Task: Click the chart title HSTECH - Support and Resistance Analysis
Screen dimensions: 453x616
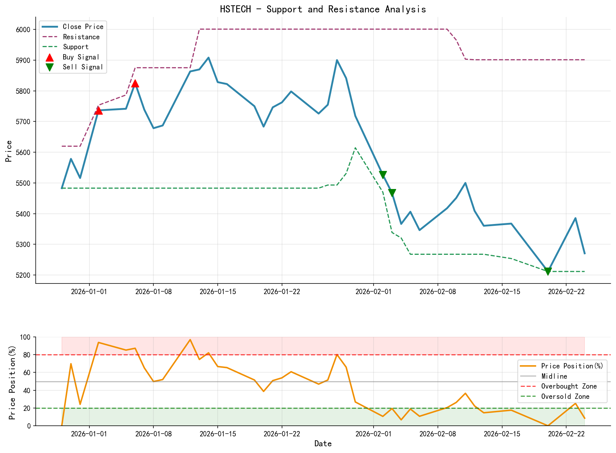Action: pyautogui.click(x=323, y=9)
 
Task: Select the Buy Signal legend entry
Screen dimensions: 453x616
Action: pyautogui.click(x=81, y=57)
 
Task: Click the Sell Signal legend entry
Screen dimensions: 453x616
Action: pyautogui.click(x=83, y=67)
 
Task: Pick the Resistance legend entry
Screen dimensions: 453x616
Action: pyautogui.click(x=81, y=37)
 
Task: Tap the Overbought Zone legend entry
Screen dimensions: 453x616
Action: pyautogui.click(x=569, y=386)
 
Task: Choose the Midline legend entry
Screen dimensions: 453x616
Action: pyautogui.click(x=554, y=376)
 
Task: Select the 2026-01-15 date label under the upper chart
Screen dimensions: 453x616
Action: pyautogui.click(x=217, y=291)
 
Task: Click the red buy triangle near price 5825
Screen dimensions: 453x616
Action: pyautogui.click(x=135, y=84)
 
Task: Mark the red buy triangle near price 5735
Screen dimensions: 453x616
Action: pyautogui.click(x=98, y=111)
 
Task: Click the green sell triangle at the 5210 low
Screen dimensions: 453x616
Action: pyautogui.click(x=548, y=271)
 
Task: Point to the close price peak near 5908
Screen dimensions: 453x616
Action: pyautogui.click(x=209, y=57)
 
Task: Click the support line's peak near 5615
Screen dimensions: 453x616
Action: pyautogui.click(x=355, y=148)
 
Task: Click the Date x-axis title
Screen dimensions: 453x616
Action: pyautogui.click(x=323, y=444)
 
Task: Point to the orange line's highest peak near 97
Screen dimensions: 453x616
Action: pyautogui.click(x=190, y=340)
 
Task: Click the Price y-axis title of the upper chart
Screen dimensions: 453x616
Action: pyautogui.click(x=9, y=151)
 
